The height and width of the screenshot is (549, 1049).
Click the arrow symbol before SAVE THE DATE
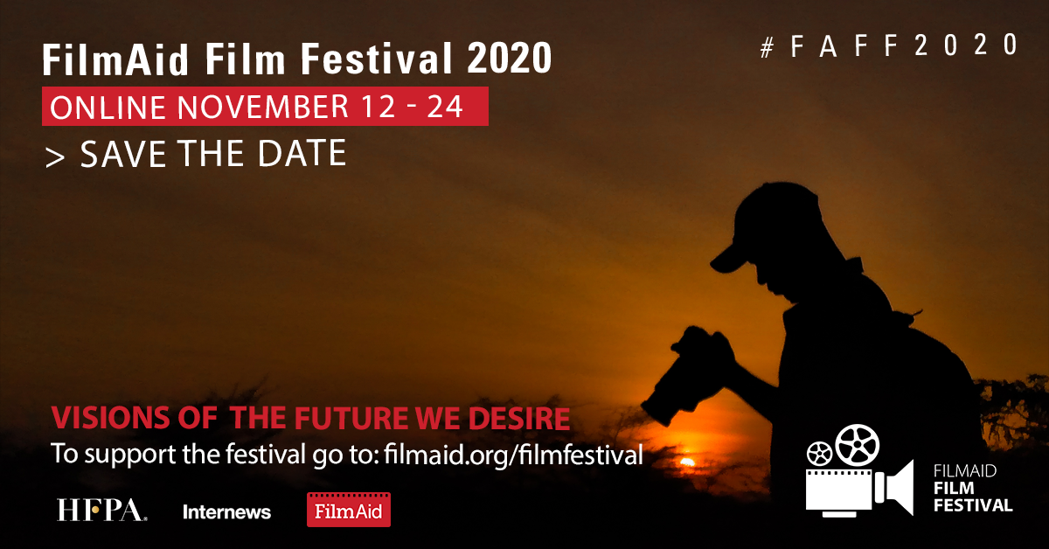(x=56, y=156)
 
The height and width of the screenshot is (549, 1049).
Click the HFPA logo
(x=101, y=511)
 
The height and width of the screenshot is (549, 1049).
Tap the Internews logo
(x=226, y=511)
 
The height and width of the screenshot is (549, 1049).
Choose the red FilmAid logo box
(x=348, y=511)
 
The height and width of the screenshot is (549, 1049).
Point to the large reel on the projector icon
(x=858, y=445)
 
